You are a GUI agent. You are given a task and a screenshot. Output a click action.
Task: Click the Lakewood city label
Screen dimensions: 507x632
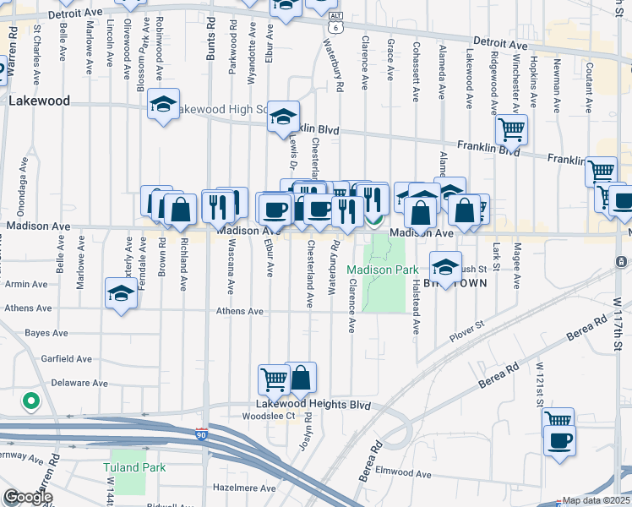click(x=39, y=101)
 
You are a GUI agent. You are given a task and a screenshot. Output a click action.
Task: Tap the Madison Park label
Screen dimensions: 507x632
click(x=383, y=270)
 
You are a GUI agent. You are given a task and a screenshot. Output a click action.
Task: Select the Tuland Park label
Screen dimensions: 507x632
click(x=134, y=466)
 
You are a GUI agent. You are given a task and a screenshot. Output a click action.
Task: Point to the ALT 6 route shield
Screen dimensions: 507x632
click(x=336, y=23)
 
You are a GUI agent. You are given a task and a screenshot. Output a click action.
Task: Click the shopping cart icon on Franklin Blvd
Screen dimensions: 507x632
click(x=511, y=130)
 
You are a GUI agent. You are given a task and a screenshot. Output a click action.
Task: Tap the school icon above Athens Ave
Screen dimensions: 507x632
click(x=122, y=293)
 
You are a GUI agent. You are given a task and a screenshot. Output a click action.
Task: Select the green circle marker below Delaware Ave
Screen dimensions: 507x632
click(x=31, y=401)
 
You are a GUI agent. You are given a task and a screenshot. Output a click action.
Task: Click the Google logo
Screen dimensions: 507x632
click(x=28, y=497)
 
